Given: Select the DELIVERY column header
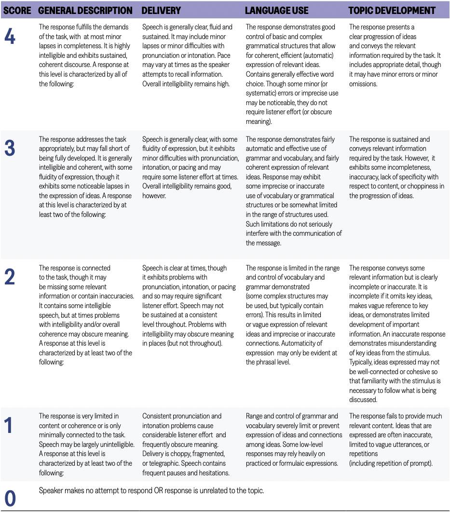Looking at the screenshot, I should point(162,10).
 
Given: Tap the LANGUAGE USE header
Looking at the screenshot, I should point(277,10).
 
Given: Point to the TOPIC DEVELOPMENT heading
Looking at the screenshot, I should point(392,10).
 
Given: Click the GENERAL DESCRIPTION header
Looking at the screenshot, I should point(85,10).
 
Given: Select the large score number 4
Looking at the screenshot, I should point(10,37).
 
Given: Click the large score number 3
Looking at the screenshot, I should point(10,148).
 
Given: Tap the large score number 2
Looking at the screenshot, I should point(10,277).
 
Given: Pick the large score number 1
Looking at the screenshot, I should point(10,425).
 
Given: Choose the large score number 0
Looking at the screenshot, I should point(10,499).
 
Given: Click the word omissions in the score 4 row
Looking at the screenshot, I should point(364,84).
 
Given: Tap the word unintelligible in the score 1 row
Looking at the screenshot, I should point(113,445).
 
